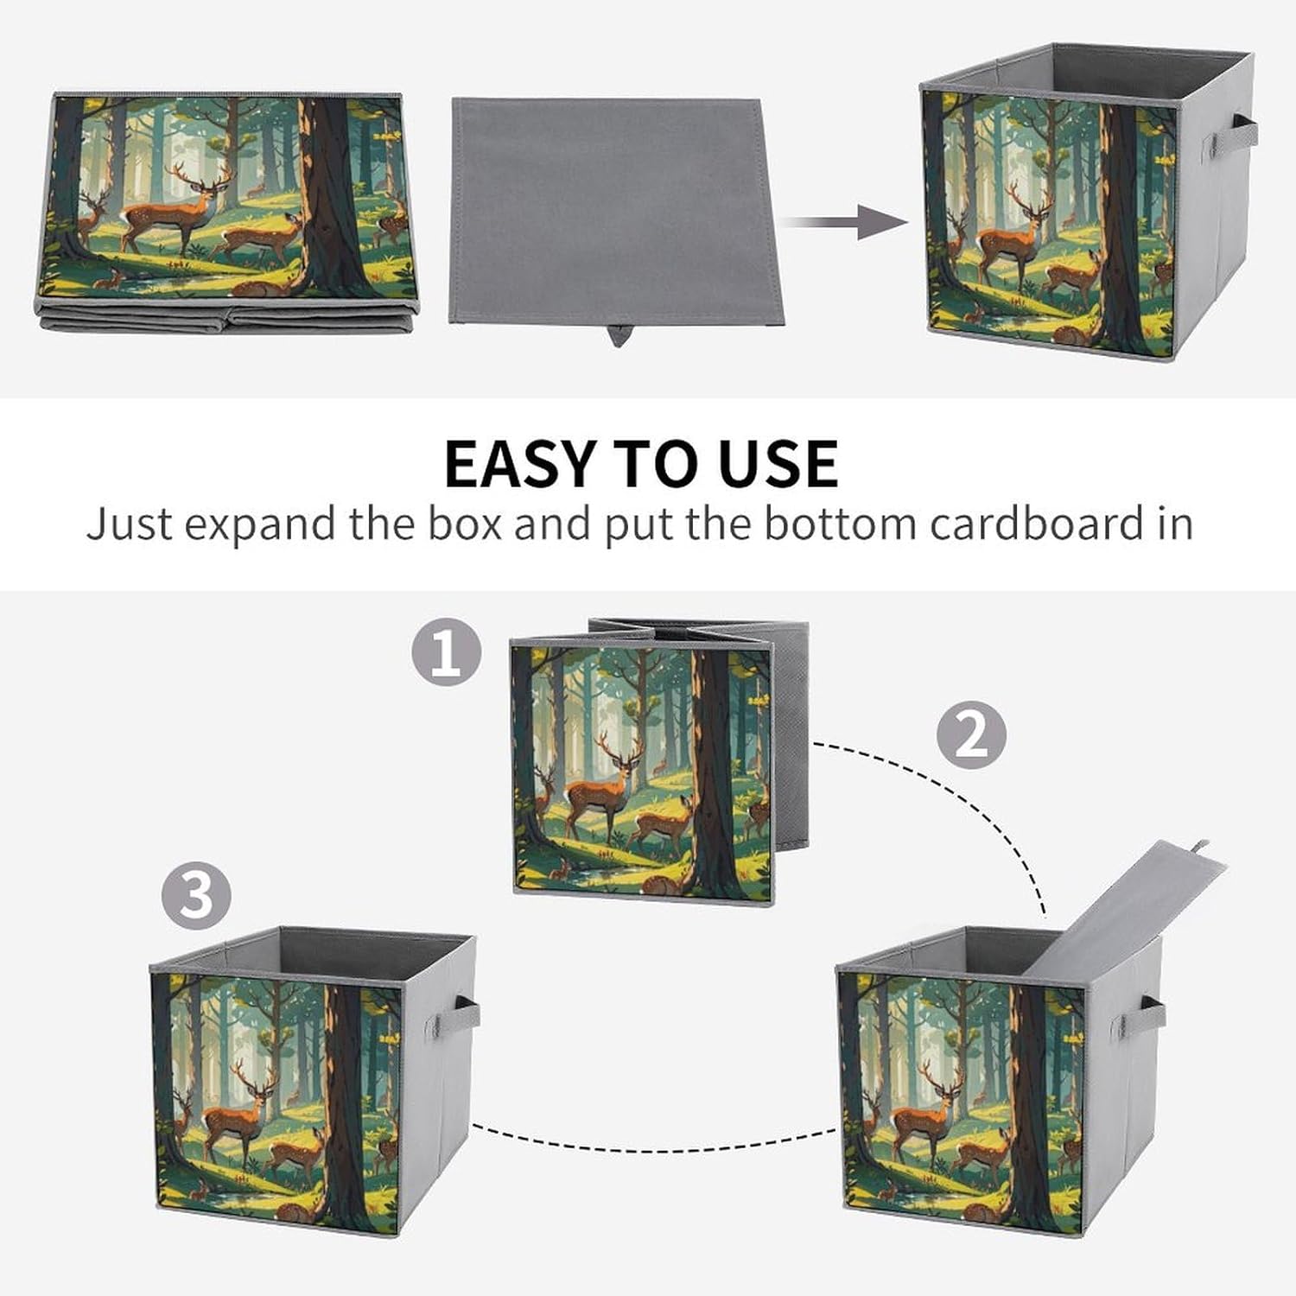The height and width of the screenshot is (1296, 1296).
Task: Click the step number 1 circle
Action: point(446,652)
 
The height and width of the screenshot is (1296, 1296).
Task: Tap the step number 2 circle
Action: point(972,734)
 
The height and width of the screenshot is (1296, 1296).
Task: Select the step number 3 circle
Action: point(196,895)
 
